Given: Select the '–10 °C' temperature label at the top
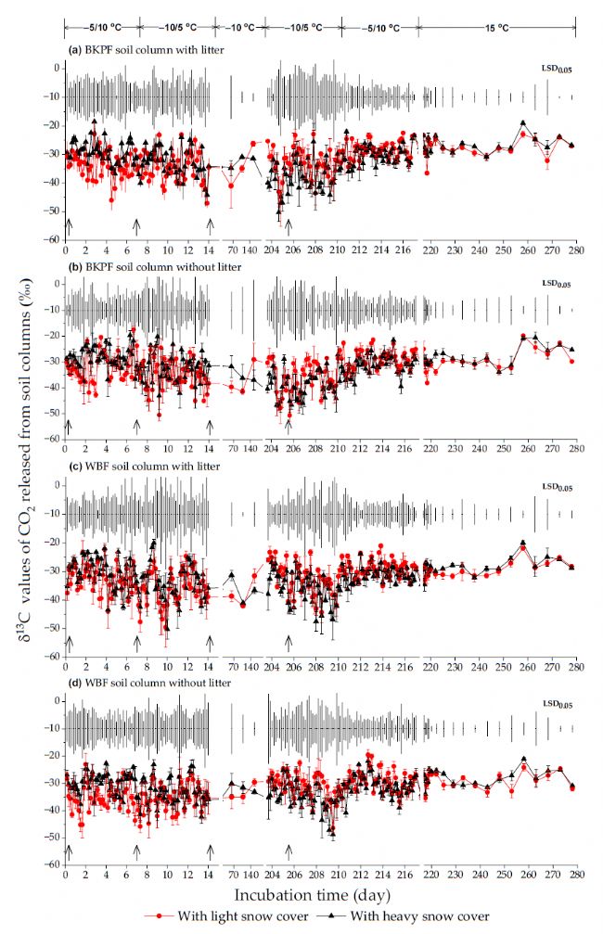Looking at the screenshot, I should click(239, 29).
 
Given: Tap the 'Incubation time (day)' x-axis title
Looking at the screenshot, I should click(311, 895).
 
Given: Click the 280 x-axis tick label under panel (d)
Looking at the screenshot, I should click(576, 875).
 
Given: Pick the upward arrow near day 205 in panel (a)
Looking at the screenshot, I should click(289, 225).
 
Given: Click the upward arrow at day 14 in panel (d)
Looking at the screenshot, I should click(211, 852).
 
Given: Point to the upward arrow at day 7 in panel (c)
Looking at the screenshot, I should click(137, 642).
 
